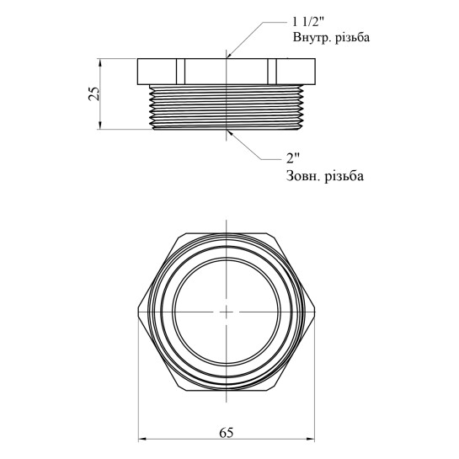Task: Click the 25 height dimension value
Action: coord(94,93)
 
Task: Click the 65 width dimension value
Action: coord(227,432)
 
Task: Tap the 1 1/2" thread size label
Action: coord(308,22)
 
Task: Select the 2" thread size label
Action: coord(293,158)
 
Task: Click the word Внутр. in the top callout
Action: coord(309,38)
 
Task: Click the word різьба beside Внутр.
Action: coord(350,38)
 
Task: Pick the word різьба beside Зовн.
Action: coord(344,176)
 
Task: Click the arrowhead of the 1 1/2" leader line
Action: coord(230,55)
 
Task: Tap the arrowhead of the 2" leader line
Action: coord(230,133)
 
